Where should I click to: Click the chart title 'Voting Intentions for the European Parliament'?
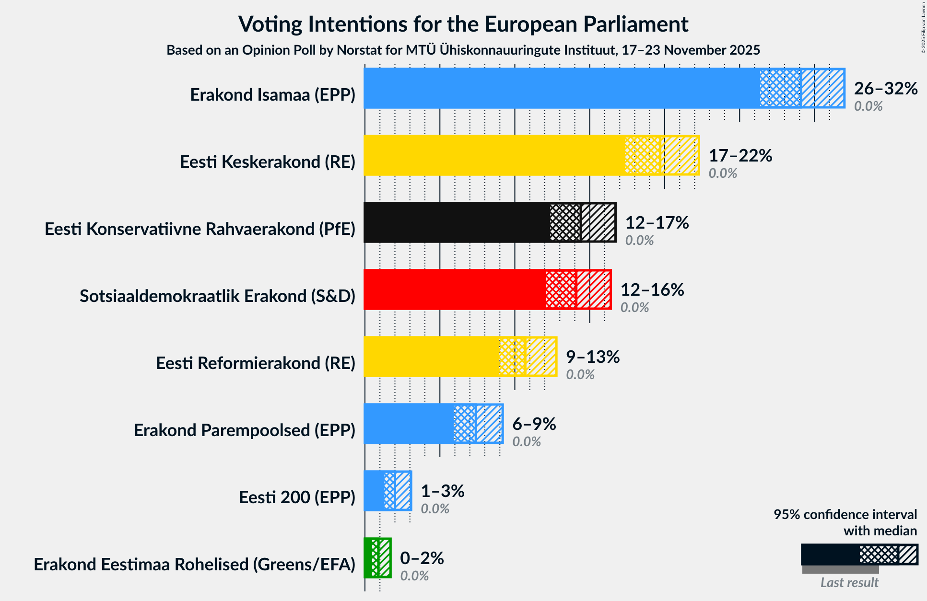point(463,24)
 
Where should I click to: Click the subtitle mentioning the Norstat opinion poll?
point(463,50)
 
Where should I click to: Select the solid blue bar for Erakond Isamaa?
point(561,88)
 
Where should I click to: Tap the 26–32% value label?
point(885,89)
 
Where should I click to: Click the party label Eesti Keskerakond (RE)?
point(268,162)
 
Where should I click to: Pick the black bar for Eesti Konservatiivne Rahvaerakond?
point(456,222)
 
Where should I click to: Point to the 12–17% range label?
point(657,223)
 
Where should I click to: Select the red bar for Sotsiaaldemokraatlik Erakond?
point(454,289)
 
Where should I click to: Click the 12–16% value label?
point(652,290)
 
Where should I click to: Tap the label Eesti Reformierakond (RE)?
point(256,363)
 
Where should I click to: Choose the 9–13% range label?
point(593,357)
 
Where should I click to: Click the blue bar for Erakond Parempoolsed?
point(408,424)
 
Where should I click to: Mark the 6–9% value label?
point(534,424)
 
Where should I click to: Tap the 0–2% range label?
point(422,558)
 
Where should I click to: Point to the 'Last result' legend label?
point(849,582)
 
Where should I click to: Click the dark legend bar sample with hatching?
point(859,555)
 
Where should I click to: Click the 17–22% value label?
point(740,156)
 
